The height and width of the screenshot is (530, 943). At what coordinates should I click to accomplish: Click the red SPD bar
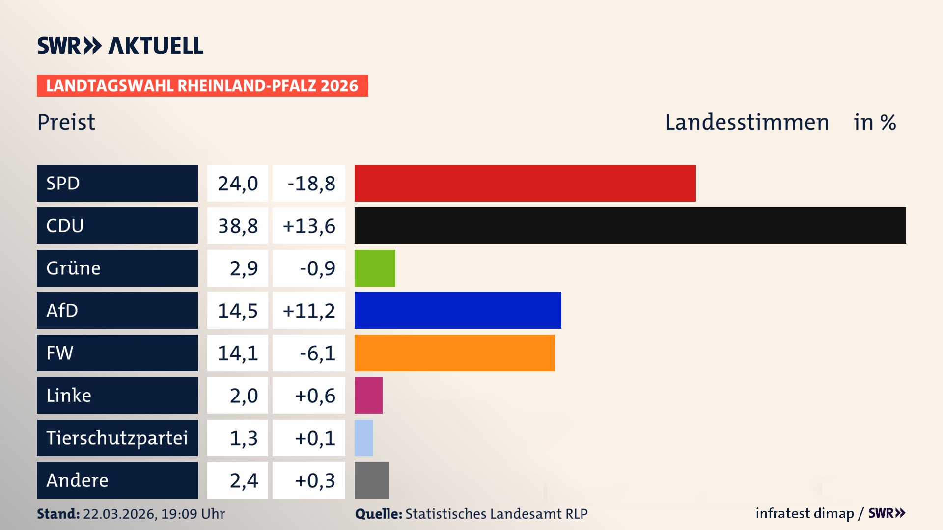[525, 183]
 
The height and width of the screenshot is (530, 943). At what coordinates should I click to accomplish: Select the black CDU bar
[630, 225]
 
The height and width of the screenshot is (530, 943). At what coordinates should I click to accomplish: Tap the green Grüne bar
[375, 268]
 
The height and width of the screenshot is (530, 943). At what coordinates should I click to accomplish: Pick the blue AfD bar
[457, 310]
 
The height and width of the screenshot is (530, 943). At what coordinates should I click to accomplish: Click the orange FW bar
[454, 353]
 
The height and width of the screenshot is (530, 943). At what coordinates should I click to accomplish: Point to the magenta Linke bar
[368, 395]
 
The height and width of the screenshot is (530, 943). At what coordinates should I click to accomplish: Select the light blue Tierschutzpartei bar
[364, 438]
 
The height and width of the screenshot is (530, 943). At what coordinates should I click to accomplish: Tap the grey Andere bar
[371, 480]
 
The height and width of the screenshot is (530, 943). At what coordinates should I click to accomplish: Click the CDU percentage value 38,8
[238, 226]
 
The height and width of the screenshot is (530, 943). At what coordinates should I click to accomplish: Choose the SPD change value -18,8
[311, 184]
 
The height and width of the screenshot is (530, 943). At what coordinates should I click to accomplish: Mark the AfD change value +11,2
[309, 311]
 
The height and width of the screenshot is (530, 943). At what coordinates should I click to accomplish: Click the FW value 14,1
[238, 353]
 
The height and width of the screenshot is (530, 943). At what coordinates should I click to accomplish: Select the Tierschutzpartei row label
[117, 438]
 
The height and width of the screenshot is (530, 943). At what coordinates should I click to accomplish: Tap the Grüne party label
[74, 268]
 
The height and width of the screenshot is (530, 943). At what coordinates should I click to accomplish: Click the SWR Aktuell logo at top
[120, 46]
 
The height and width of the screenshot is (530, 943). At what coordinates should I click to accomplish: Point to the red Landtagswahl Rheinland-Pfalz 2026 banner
[202, 86]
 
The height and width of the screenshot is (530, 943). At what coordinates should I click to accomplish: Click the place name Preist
[66, 122]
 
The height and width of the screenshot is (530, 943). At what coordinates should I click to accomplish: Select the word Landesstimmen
[747, 122]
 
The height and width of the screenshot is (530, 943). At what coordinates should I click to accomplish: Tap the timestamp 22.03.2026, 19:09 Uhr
[154, 514]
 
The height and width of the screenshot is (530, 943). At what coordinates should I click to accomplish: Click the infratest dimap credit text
[804, 513]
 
